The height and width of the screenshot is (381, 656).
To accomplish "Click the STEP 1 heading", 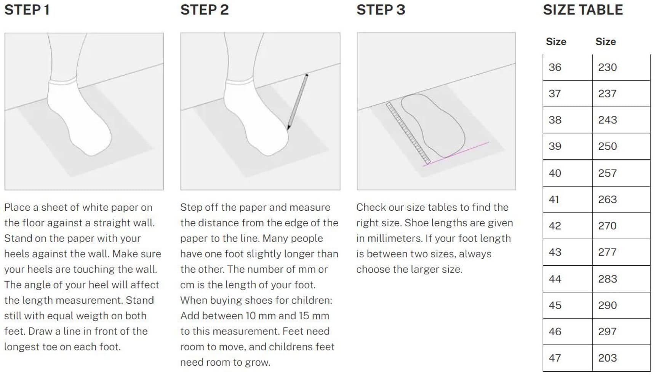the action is [27, 10].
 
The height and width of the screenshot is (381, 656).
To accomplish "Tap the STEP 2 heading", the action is [205, 10].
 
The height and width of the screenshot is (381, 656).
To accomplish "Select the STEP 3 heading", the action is [381, 10].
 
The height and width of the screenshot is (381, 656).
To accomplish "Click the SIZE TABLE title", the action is [583, 10].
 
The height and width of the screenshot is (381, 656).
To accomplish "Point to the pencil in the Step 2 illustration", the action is [298, 102].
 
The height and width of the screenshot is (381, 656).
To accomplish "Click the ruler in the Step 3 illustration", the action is [408, 133].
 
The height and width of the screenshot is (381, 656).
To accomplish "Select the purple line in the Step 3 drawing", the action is [456, 154].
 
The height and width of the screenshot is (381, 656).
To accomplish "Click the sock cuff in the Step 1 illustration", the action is [63, 82].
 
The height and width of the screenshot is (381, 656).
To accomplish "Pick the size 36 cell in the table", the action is [568, 67].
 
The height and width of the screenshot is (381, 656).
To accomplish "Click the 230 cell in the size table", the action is [621, 67].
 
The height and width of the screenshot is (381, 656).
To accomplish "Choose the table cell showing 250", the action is [621, 146].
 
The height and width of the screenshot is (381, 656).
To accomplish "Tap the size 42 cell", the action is [568, 226].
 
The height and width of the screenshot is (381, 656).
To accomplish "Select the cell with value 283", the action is [621, 279].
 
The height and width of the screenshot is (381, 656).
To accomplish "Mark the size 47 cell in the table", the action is [568, 358].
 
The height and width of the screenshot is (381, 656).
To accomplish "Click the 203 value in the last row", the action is [607, 358].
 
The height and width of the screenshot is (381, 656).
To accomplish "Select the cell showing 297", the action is [621, 332].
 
